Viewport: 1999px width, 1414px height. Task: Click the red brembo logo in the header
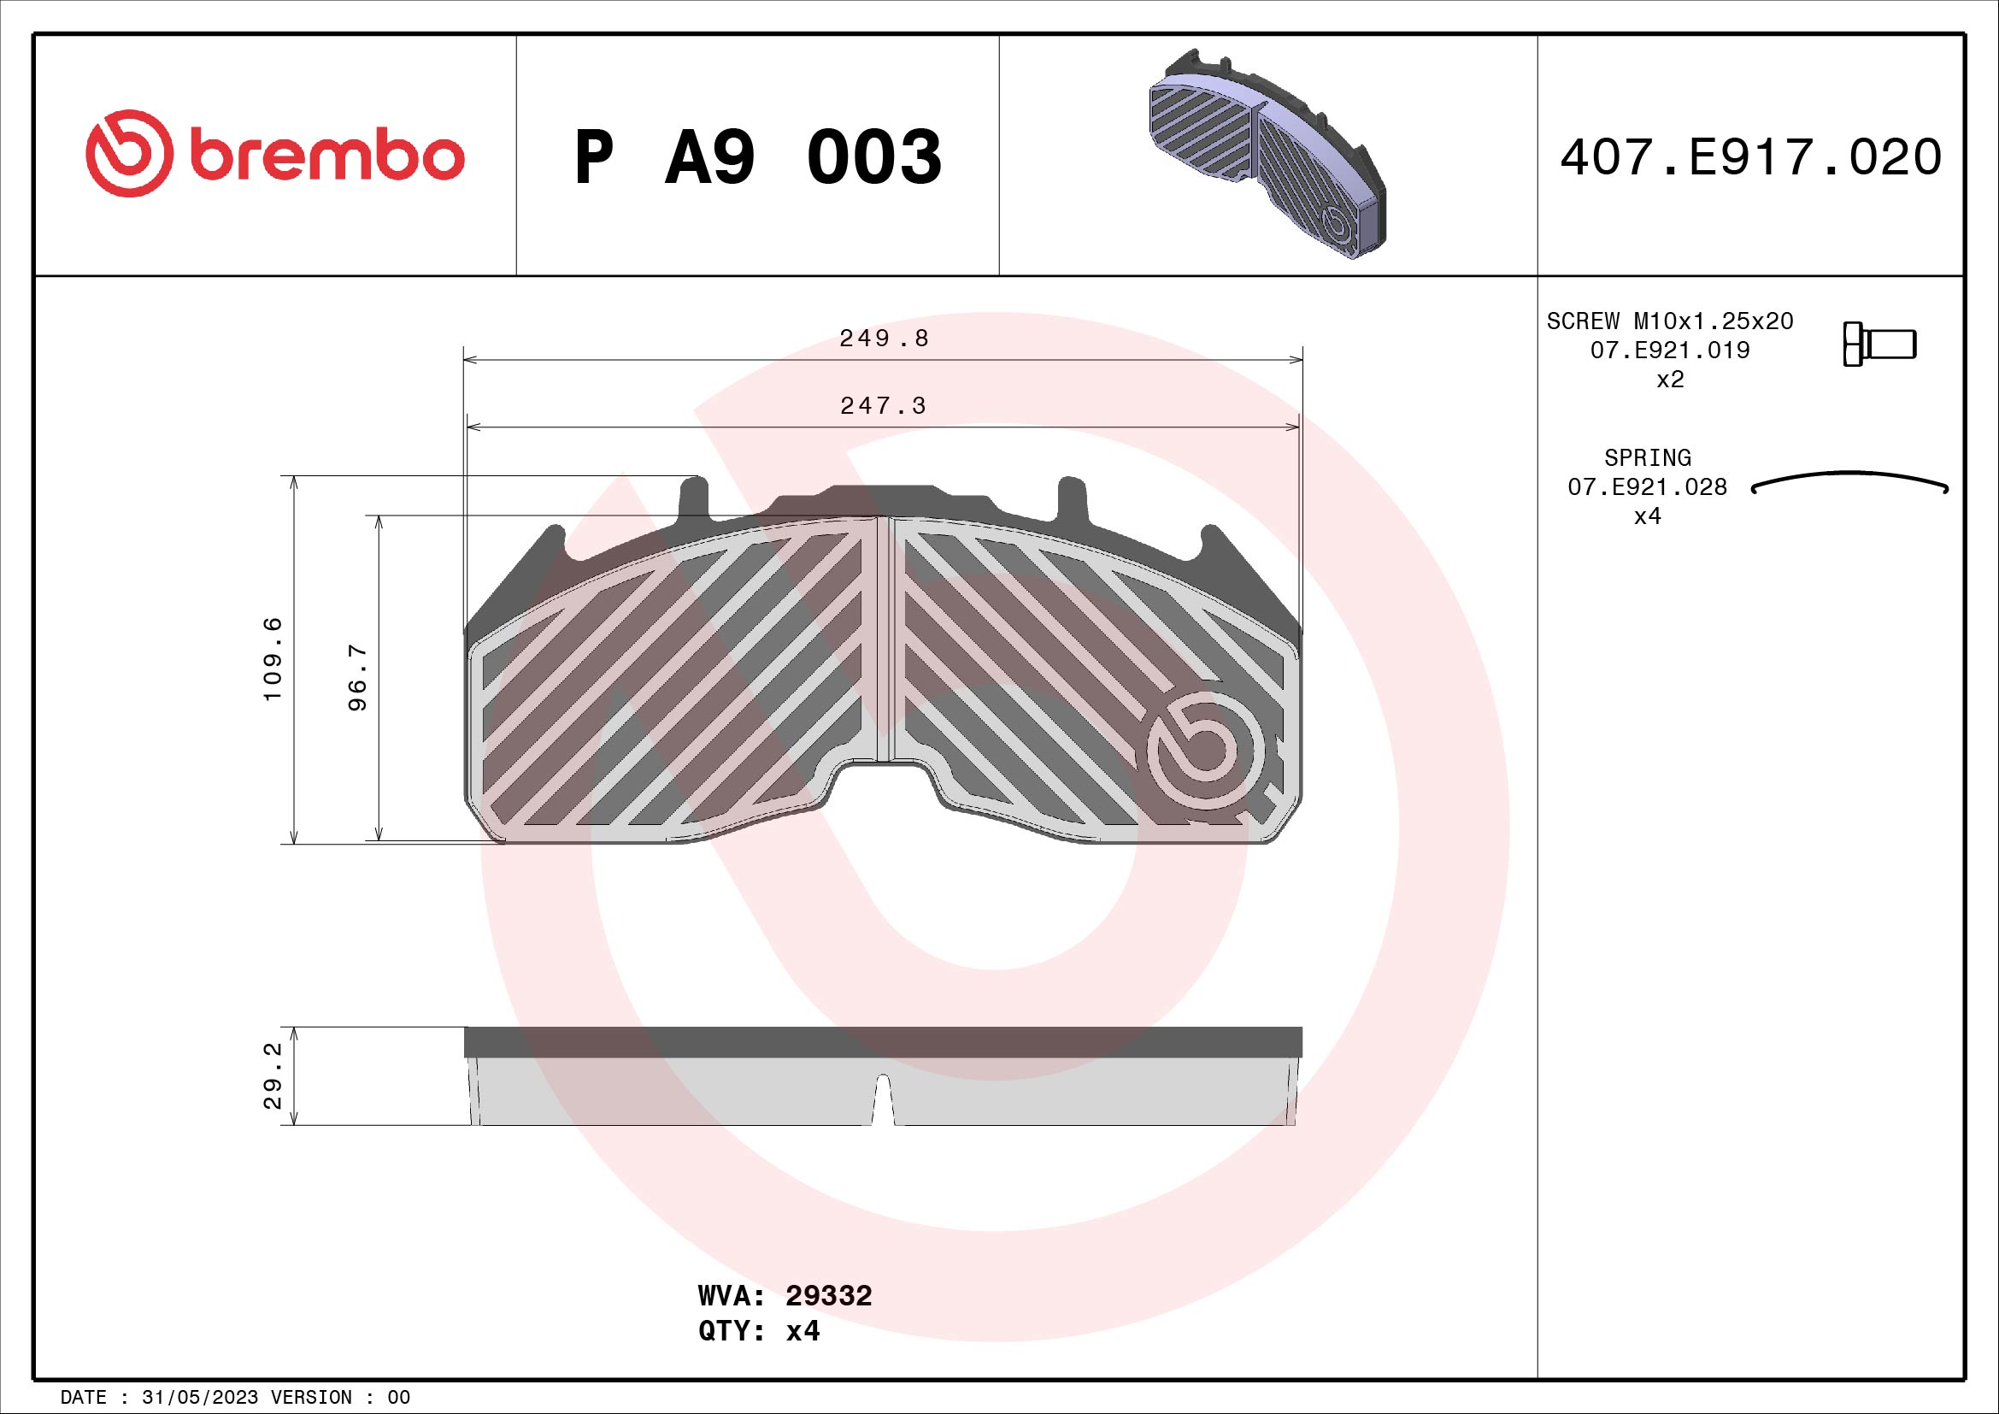[274, 154]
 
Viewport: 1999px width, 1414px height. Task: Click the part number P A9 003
[757, 157]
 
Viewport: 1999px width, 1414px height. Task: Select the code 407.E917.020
[1750, 157]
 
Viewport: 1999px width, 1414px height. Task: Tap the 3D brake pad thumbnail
[1267, 156]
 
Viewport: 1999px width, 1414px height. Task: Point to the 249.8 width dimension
[883, 339]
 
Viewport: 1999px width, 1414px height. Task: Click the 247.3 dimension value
[883, 406]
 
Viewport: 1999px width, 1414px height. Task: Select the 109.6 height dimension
[273, 658]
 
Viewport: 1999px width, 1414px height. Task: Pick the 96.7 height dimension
[358, 677]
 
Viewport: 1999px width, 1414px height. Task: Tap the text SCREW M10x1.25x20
[1669, 321]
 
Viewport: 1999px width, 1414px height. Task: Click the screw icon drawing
[1878, 344]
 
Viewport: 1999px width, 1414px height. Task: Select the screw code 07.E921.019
[1669, 350]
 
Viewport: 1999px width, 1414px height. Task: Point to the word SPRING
[1646, 457]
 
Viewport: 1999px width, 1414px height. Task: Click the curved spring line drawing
[1849, 480]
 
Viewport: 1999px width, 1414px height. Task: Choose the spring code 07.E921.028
[1646, 486]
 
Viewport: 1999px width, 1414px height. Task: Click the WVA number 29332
[828, 1295]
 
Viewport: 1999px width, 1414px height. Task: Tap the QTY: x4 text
[758, 1331]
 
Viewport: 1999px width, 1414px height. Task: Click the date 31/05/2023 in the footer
[199, 1397]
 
